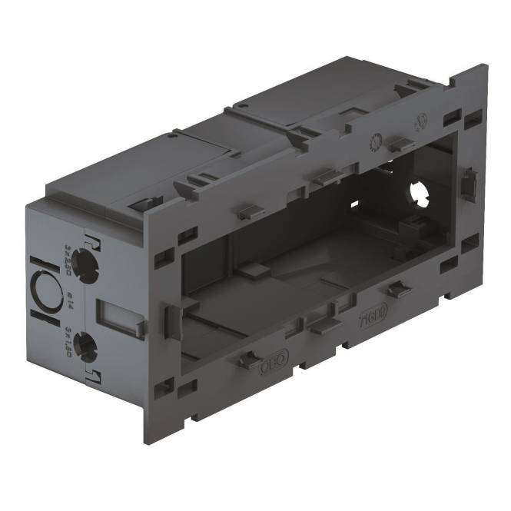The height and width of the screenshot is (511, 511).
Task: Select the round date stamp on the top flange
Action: tap(377, 141)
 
